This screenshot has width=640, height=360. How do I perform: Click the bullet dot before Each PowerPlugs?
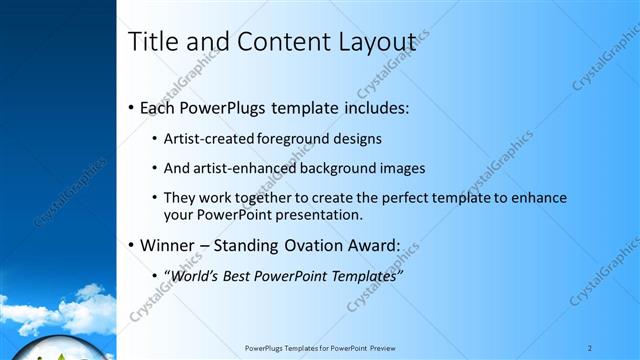pyautogui.click(x=132, y=108)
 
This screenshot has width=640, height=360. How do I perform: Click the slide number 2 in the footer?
pyautogui.click(x=590, y=348)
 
